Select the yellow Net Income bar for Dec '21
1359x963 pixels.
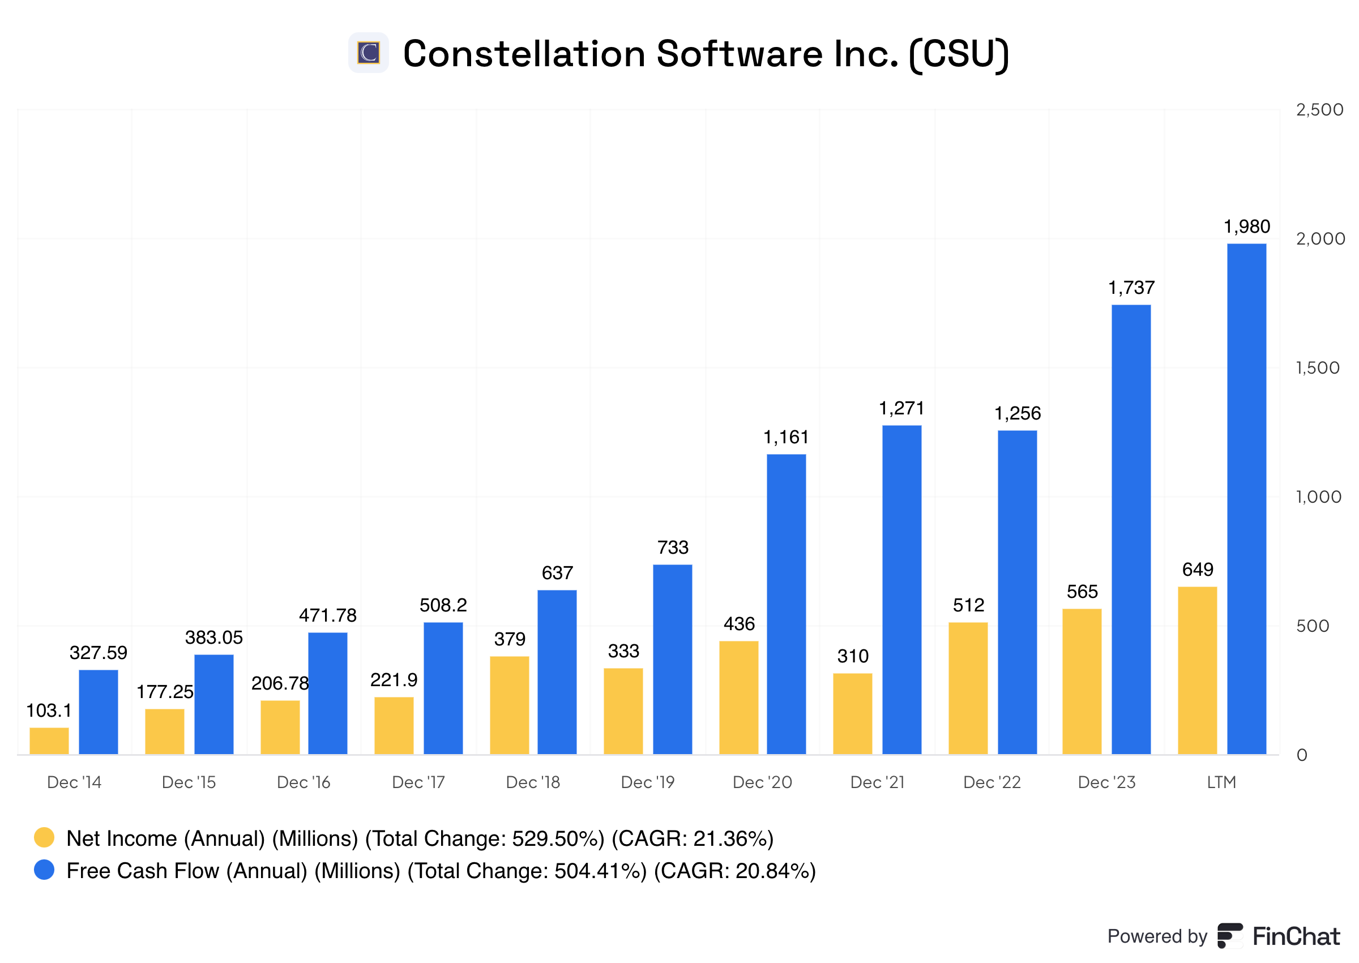[852, 713]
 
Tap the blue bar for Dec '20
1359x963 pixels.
[785, 604]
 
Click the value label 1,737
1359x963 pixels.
[1131, 288]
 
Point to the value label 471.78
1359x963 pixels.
[327, 615]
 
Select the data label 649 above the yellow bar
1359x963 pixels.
[1197, 570]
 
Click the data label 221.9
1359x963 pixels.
[394, 679]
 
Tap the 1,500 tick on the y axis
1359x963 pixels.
[1317, 367]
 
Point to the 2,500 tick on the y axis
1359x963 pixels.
[1319, 110]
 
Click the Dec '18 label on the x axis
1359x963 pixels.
[532, 782]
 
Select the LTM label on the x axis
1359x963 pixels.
[1221, 782]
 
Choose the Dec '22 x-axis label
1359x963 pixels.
[992, 782]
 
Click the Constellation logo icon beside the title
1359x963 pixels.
[368, 53]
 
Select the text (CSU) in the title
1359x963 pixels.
[958, 54]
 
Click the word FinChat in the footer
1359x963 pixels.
[1296, 936]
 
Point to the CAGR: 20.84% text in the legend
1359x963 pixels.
[734, 871]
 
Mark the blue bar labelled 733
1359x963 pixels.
[672, 659]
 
